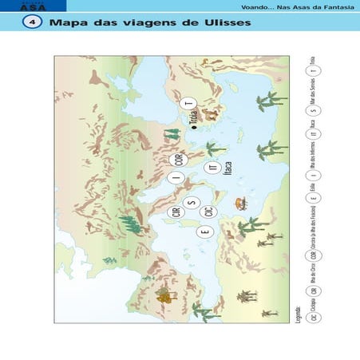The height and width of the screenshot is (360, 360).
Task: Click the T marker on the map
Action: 188,104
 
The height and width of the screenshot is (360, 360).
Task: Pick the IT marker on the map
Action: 212,168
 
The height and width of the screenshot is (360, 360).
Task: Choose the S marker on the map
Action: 191,202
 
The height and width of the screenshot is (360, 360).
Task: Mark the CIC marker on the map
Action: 208,212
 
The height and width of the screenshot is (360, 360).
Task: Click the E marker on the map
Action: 204,232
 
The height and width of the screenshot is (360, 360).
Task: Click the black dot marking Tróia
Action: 194,127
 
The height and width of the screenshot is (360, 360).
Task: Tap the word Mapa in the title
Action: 67,23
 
